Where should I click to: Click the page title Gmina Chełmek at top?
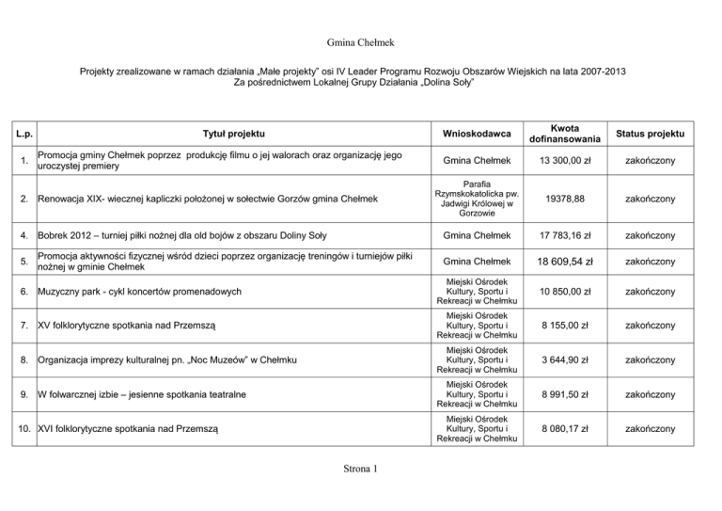pos(360,42)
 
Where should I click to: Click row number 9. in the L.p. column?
pos(24,395)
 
